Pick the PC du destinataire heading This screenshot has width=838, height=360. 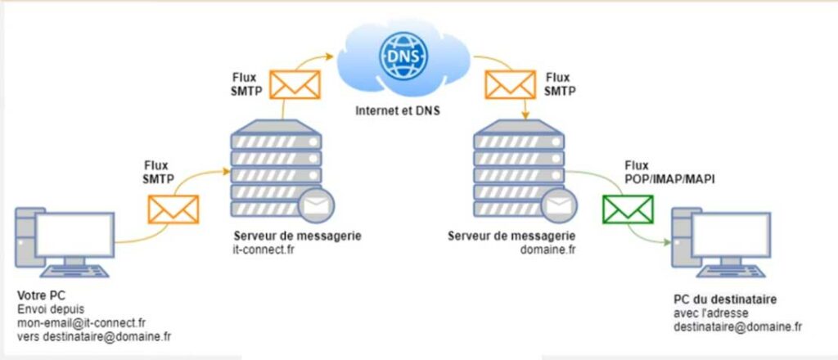coord(725,299)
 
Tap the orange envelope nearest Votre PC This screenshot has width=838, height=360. coord(173,209)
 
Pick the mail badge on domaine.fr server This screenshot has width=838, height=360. coord(553,205)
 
